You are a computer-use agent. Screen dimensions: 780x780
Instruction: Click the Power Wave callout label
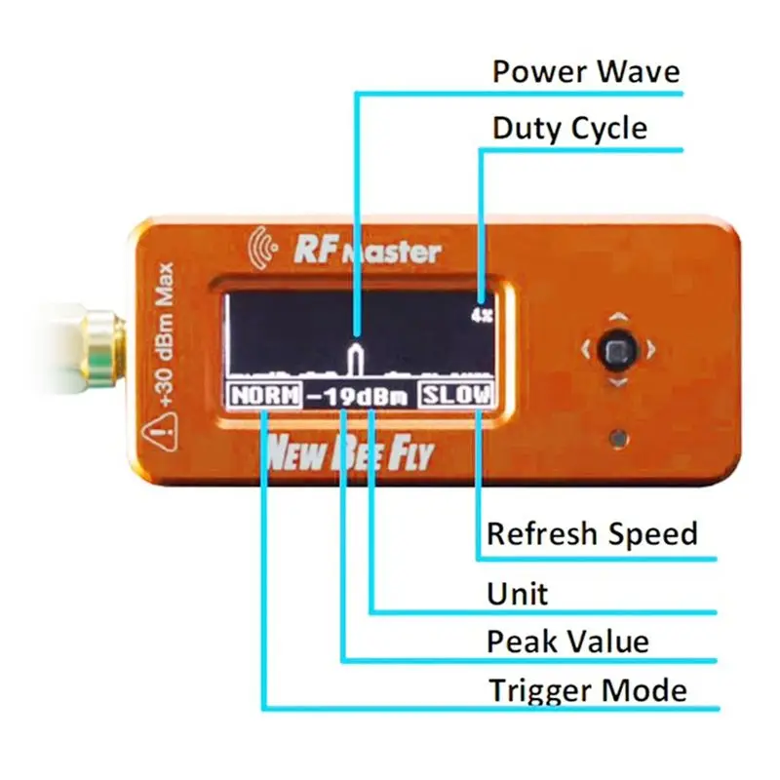tap(585, 72)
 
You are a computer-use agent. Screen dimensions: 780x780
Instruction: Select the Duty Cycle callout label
tap(569, 129)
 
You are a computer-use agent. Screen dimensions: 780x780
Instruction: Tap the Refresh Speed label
tap(592, 534)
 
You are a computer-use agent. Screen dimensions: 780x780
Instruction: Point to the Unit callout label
tap(517, 593)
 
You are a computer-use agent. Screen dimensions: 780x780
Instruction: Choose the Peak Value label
tap(567, 642)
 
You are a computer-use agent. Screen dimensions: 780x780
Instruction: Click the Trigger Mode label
tap(587, 690)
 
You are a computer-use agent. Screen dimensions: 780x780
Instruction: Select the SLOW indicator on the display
tap(456, 396)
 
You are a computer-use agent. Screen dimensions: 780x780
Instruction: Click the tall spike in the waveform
tap(357, 358)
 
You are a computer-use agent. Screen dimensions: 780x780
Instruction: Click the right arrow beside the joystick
tap(651, 348)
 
